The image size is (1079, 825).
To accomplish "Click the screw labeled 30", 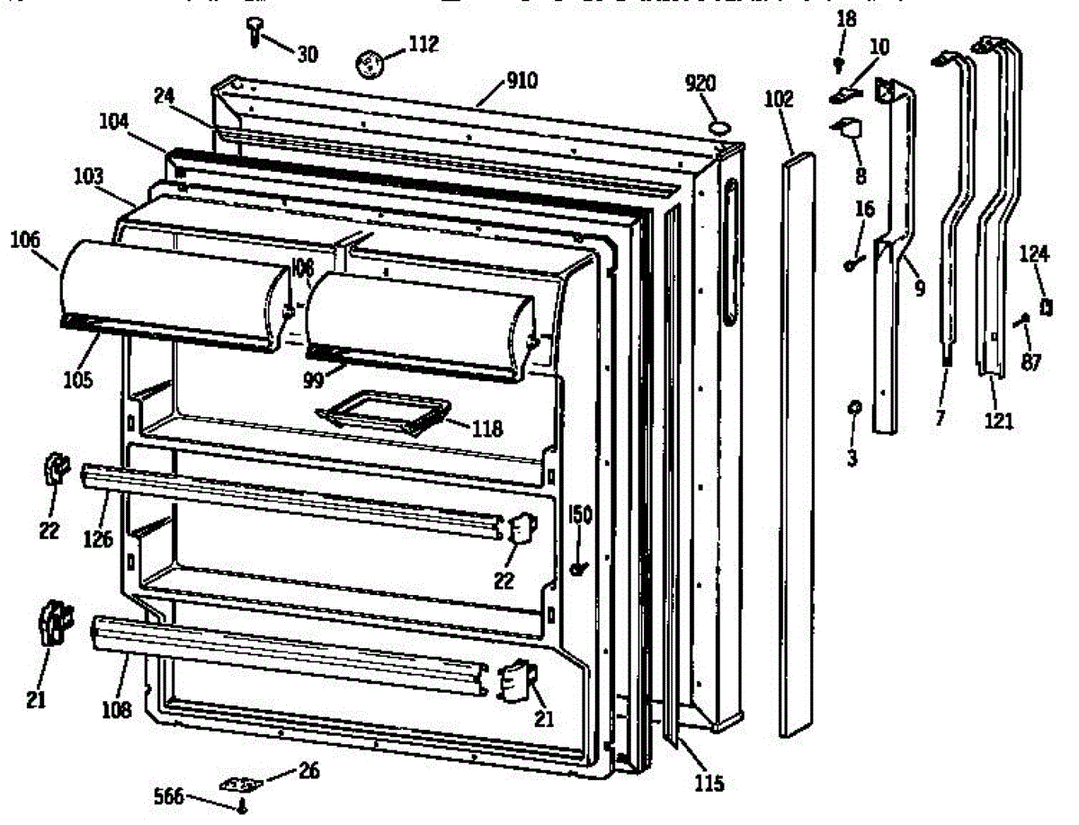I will [254, 32].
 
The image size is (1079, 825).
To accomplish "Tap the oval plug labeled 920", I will [720, 128].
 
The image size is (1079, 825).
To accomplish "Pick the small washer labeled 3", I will [852, 409].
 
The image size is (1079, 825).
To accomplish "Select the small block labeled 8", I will [849, 131].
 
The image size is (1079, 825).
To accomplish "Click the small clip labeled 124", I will [1046, 306].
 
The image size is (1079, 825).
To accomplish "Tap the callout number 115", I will [709, 784].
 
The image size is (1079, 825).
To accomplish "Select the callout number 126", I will [99, 539].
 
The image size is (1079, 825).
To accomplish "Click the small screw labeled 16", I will [850, 264].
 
